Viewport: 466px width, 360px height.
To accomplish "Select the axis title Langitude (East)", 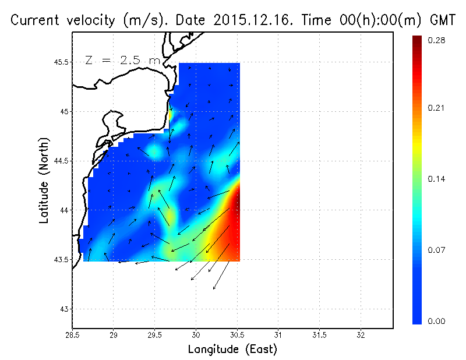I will pyautogui.click(x=232, y=349).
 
